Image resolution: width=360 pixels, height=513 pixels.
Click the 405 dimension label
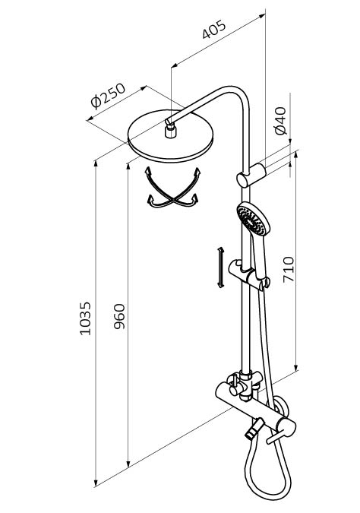(214, 30)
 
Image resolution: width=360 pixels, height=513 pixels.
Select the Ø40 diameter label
(280, 120)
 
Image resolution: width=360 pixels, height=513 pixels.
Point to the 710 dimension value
(289, 269)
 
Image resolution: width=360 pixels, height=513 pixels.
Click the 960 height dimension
(119, 316)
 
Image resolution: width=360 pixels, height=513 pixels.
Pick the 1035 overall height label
(85, 318)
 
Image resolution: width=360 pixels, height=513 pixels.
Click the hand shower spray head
(254, 219)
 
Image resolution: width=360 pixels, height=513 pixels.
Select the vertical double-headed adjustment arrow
(221, 268)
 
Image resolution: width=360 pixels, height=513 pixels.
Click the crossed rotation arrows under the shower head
(172, 188)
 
